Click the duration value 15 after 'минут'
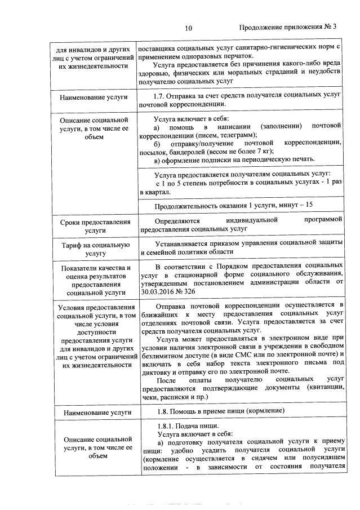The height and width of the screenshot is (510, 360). (x=309, y=204)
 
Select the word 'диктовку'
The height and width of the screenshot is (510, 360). (x=158, y=371)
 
